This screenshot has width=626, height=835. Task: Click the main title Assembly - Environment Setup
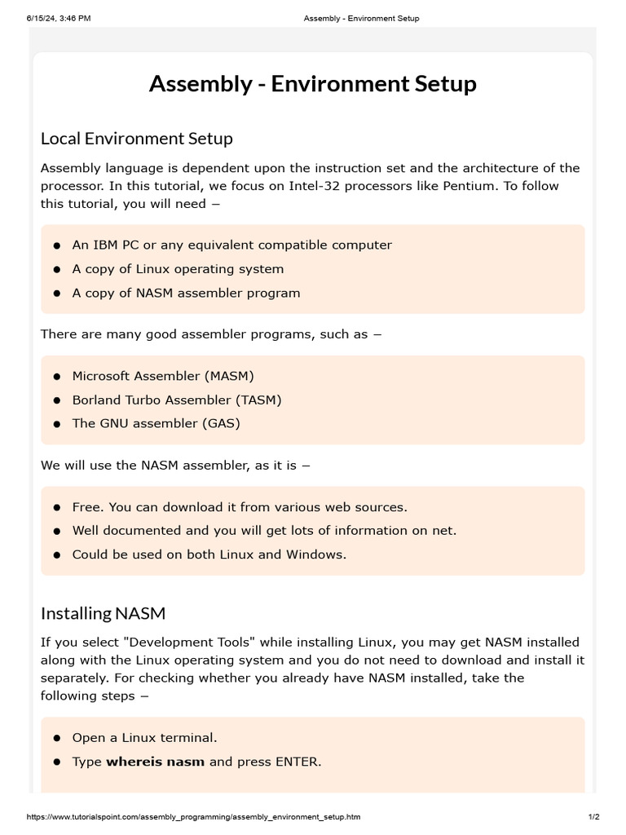tap(312, 84)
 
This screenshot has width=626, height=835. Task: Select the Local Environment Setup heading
tap(136, 139)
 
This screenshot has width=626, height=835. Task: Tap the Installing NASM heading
tap(103, 612)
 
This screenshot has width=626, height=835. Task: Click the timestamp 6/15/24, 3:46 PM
tap(58, 18)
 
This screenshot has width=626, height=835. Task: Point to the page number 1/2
tap(593, 816)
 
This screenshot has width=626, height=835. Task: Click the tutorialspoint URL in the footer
tap(193, 816)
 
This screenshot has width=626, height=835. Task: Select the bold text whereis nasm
tap(155, 762)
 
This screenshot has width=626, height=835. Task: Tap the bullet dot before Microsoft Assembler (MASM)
tap(57, 377)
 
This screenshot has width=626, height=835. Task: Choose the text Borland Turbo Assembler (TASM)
tap(177, 400)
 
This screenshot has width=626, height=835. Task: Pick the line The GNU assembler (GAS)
tap(156, 423)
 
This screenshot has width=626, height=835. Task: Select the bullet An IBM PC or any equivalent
tap(231, 245)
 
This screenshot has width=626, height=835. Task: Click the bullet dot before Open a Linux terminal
tap(57, 738)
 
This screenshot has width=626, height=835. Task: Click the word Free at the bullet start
tap(88, 506)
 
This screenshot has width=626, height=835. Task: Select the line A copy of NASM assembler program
tap(186, 293)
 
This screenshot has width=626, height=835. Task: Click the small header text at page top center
tap(360, 18)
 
